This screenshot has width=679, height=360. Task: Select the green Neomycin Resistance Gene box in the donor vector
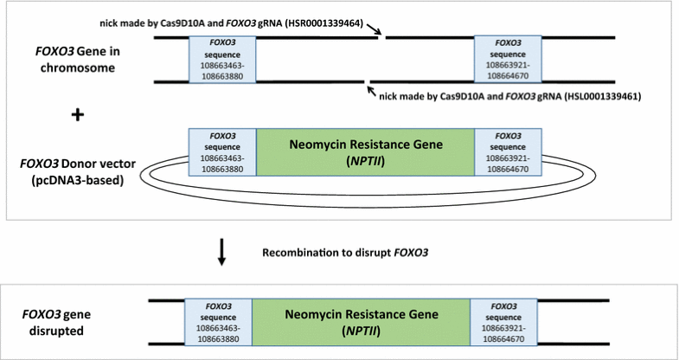(365, 153)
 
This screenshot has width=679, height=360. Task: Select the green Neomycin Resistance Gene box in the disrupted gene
(361, 323)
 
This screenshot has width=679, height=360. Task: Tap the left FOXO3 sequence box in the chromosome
(223, 60)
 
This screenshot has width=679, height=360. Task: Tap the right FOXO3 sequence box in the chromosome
(508, 60)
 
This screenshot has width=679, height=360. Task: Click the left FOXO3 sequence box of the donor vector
(223, 153)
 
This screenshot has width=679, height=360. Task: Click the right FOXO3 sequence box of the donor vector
(508, 153)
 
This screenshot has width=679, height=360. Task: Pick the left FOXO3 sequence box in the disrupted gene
(218, 323)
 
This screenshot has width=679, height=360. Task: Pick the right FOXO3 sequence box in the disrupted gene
(503, 323)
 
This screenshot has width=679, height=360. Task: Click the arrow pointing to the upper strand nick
(374, 31)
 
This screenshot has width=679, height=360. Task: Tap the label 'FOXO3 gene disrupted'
(59, 323)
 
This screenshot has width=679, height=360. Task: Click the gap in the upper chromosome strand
(381, 38)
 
